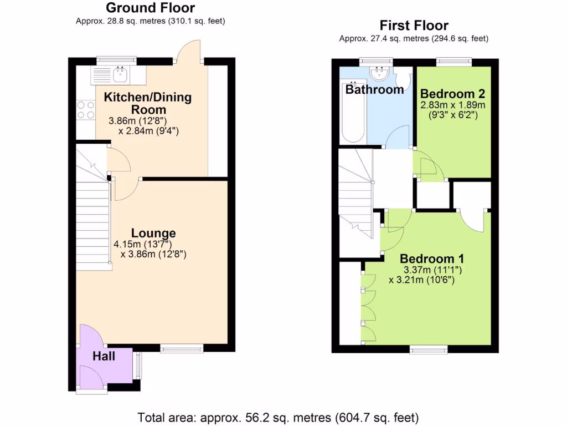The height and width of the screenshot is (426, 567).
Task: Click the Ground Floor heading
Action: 150,8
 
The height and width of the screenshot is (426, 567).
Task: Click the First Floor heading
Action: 414,26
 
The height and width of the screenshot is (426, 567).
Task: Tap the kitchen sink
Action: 120,74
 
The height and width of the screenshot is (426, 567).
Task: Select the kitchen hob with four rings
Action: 85,109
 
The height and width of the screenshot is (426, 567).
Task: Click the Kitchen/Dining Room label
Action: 148,103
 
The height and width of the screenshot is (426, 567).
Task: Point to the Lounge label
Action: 153,233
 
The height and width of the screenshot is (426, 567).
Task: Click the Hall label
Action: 104,356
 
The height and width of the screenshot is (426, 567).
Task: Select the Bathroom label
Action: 375,89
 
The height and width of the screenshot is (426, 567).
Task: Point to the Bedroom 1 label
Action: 432,258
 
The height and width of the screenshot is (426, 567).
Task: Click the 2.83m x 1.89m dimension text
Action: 452,105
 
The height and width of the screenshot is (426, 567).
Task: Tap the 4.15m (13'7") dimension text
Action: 143,244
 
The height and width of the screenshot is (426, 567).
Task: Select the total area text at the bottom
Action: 278,417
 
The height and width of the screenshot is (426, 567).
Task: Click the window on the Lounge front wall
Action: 182,348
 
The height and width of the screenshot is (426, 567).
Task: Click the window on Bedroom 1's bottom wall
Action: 429,349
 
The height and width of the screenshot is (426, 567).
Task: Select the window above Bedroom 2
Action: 453,62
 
